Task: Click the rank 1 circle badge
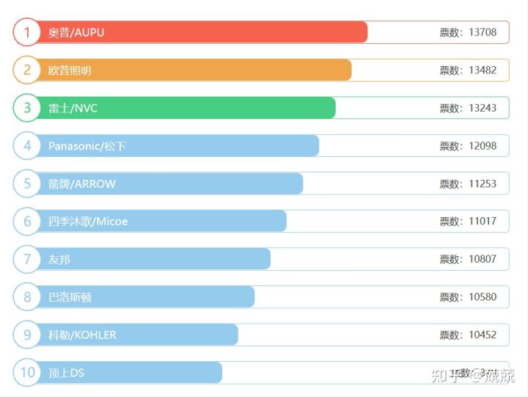coord(27,32)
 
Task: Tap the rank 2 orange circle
coord(27,70)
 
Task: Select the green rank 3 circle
coord(27,108)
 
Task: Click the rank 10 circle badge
coord(27,373)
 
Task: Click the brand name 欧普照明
coord(70,70)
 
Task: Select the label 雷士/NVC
coord(73,109)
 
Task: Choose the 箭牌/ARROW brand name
coord(82,183)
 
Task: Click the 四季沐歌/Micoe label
coord(88,222)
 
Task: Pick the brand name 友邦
coord(59,259)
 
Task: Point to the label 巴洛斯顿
coord(70,297)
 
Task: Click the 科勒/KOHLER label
coord(82,335)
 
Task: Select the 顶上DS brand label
coord(66,373)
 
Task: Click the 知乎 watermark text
coord(447,376)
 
